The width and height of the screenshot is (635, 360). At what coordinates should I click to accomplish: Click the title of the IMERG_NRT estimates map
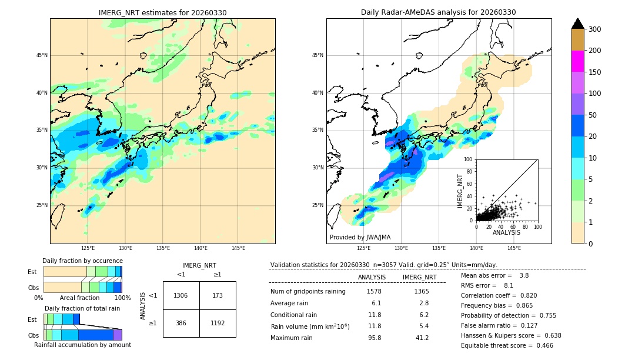click(x=162, y=12)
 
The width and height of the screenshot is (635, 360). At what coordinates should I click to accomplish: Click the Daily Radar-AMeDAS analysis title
click(x=439, y=12)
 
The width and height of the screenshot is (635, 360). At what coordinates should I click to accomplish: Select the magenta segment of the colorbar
click(x=577, y=61)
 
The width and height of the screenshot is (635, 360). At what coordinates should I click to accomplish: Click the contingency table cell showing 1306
click(x=181, y=295)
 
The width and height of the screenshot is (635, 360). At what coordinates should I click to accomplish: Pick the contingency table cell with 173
click(x=218, y=295)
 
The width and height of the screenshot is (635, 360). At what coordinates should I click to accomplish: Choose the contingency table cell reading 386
click(x=181, y=323)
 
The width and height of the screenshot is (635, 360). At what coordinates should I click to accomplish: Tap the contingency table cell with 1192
click(x=218, y=323)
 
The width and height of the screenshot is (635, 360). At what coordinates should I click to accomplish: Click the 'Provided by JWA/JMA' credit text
click(x=360, y=238)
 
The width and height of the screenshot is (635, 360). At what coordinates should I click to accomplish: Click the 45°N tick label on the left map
click(x=42, y=55)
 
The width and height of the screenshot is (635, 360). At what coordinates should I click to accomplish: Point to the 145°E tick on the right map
click(x=514, y=248)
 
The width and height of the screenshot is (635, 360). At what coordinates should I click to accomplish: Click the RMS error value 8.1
click(x=508, y=285)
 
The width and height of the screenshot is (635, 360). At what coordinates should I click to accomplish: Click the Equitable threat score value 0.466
click(x=541, y=345)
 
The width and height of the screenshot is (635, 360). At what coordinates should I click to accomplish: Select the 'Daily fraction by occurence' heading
click(x=82, y=261)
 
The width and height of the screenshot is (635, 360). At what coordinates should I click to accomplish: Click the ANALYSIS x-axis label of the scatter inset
click(x=506, y=232)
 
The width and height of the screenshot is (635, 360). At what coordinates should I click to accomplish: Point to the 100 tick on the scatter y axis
click(x=469, y=159)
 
